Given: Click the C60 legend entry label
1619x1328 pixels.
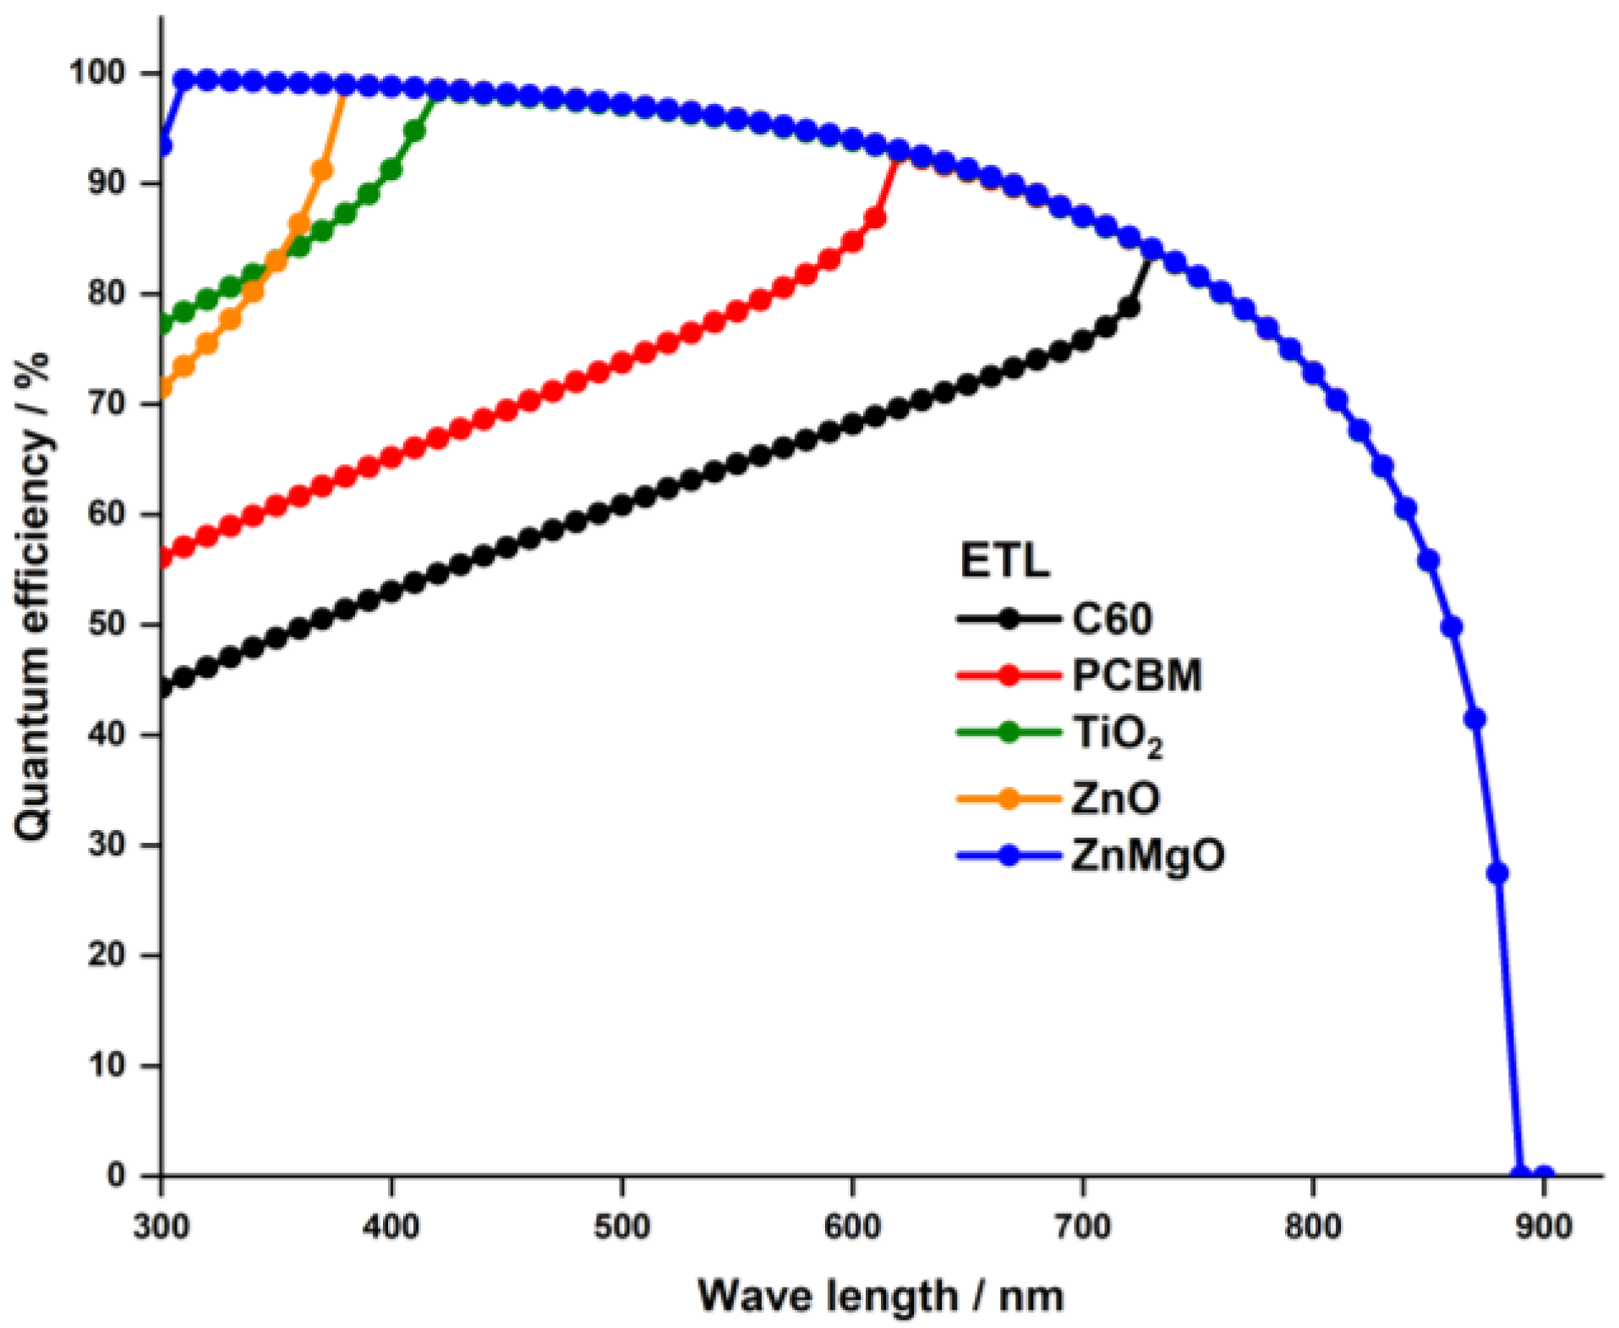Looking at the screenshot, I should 1111,620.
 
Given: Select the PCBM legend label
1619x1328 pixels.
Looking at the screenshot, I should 1136,675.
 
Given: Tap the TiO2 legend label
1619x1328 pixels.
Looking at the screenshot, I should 1117,735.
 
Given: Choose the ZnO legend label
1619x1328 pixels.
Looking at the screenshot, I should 1115,798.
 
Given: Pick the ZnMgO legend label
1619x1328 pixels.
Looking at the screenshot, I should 1147,855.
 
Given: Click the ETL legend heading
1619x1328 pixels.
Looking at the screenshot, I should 1004,560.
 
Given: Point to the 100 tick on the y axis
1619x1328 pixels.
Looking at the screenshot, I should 97,73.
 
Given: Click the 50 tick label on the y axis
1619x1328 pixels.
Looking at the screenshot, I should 107,625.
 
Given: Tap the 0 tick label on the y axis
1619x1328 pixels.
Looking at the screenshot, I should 116,1175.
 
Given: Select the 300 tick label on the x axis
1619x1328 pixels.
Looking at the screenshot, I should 161,1227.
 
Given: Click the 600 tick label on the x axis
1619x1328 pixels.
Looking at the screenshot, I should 852,1227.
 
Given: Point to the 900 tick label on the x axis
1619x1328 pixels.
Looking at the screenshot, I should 1543,1227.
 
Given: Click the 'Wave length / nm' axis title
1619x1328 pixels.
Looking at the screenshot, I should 880,1295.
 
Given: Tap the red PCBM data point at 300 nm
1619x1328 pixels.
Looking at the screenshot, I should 163,557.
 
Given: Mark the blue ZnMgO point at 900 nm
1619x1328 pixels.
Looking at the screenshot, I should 1543,1175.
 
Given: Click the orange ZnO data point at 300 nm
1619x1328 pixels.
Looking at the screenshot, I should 163,388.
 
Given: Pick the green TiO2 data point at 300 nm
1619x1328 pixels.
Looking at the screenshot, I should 163,324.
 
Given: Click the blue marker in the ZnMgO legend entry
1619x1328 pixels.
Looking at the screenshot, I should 1008,855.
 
